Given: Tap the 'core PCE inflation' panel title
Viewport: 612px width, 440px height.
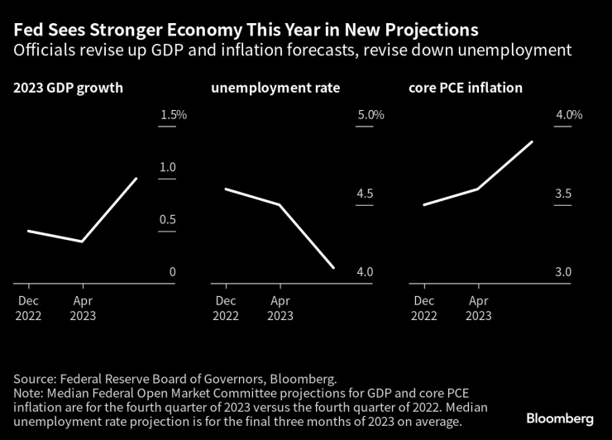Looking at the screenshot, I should [466, 88].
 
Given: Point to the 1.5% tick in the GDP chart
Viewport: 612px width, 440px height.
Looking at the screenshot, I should [173, 114].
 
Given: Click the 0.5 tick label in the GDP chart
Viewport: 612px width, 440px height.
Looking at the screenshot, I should [168, 220].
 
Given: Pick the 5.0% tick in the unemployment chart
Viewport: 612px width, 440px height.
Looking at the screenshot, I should [370, 114].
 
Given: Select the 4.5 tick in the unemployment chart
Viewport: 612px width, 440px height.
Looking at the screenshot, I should [365, 194].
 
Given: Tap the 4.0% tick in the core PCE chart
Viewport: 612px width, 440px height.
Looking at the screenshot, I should [569, 114].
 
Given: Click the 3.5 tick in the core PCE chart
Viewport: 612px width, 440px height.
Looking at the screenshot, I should [563, 194].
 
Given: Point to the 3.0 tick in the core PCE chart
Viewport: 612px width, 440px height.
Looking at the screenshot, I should [563, 272].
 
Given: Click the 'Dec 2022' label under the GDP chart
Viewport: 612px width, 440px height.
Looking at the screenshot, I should [27, 308].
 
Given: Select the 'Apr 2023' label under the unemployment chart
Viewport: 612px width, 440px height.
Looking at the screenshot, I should [280, 308].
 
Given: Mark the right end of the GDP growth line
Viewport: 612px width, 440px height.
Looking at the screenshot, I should [136, 178].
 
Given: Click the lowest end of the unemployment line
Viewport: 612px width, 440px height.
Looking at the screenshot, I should [333, 268].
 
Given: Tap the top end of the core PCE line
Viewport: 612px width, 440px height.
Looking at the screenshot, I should [532, 141].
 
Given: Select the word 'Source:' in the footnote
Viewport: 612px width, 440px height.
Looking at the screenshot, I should [34, 378].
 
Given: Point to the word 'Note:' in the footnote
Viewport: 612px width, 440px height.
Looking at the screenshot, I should [29, 394].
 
